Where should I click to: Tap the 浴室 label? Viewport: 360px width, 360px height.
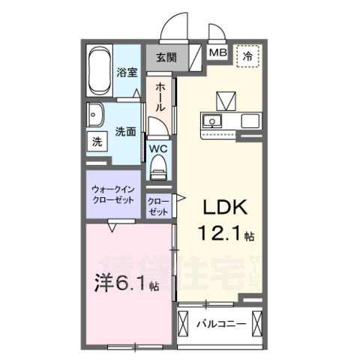point(127,73)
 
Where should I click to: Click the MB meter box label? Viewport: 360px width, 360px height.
point(217,52)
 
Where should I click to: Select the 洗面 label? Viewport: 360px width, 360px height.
point(125,131)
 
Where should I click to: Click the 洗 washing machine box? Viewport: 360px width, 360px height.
point(97,141)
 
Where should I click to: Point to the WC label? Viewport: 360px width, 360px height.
point(159,148)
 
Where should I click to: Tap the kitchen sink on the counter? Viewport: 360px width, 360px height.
point(213,121)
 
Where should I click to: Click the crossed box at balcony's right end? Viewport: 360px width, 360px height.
point(257,324)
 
